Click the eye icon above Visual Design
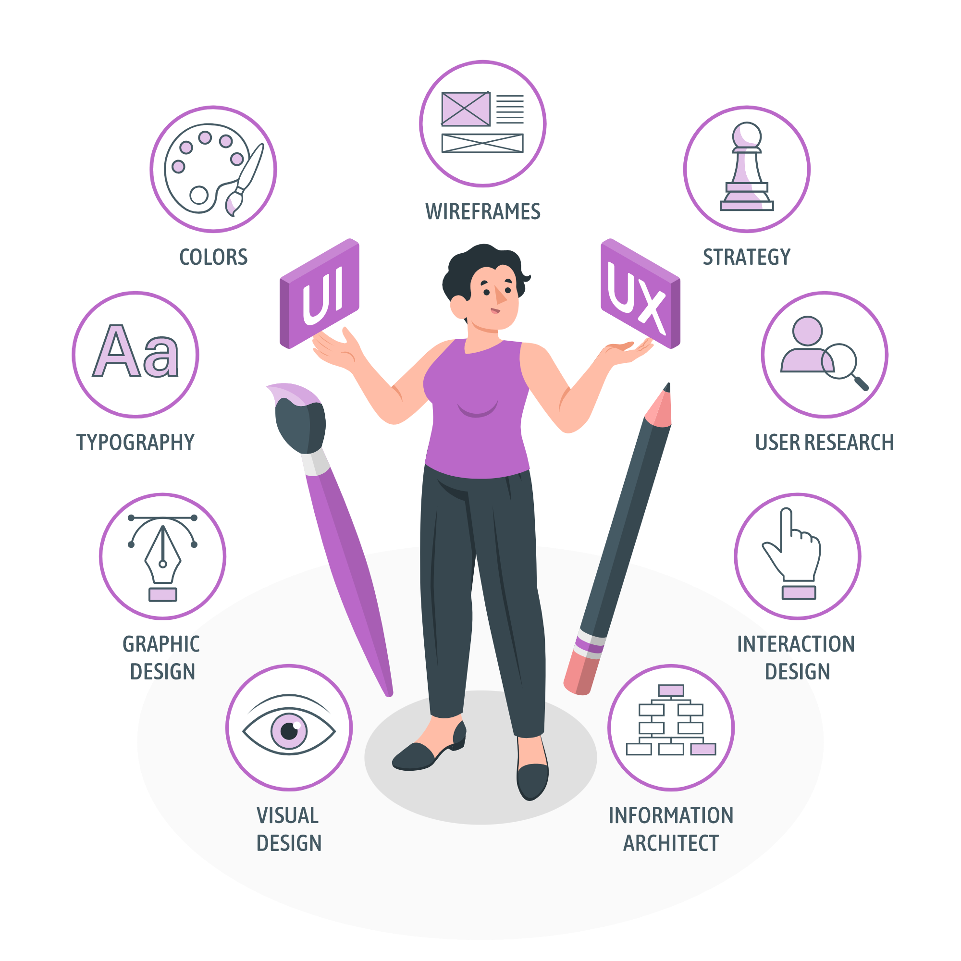pyautogui.click(x=288, y=731)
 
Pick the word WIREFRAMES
pyautogui.click(x=482, y=212)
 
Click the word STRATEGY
pyautogui.click(x=746, y=257)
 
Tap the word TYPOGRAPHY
pyautogui.click(x=136, y=442)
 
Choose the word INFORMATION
pyautogui.click(x=670, y=816)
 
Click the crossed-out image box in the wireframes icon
pyautogui.click(x=466, y=109)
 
